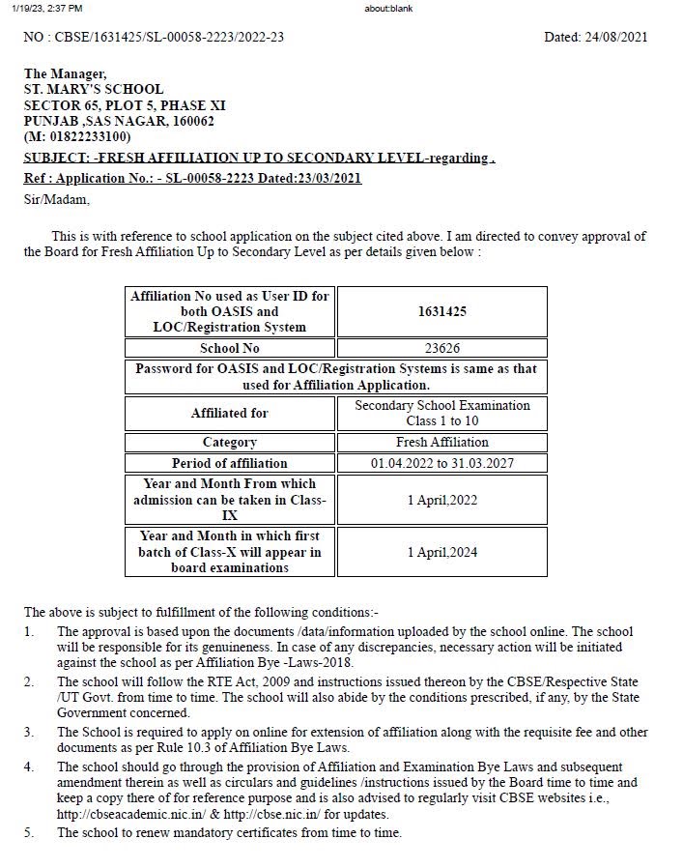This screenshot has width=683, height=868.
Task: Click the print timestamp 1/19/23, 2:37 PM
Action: click(47, 9)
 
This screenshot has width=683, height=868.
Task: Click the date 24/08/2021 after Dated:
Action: click(616, 38)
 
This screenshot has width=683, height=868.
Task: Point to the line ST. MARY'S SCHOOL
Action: click(94, 89)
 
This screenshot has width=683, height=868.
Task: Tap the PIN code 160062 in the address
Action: click(191, 121)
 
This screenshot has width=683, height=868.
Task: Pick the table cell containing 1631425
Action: click(441, 311)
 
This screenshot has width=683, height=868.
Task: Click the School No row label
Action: click(230, 348)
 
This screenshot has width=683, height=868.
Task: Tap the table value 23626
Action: click(441, 348)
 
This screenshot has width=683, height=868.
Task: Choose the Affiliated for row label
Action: click(230, 413)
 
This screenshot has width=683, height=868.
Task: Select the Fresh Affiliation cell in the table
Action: click(441, 443)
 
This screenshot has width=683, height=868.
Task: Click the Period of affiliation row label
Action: click(230, 463)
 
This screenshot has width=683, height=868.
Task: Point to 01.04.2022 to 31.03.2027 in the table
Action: click(441, 463)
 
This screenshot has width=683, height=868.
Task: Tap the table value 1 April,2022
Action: click(441, 500)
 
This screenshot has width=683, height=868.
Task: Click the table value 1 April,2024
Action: click(441, 552)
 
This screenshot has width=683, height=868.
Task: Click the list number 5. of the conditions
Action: click(29, 833)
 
